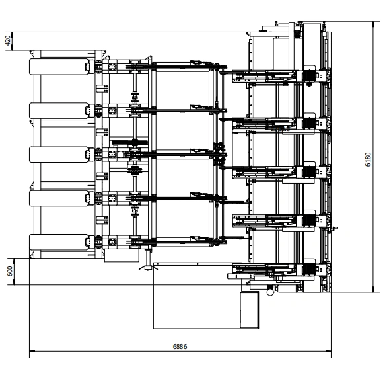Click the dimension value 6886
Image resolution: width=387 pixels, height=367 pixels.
point(180,346)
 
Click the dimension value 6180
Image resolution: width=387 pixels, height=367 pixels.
point(367,159)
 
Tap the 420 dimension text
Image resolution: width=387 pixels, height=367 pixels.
point(8,40)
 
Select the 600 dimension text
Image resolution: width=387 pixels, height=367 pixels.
point(10,271)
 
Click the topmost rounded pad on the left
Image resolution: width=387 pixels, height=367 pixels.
point(59,67)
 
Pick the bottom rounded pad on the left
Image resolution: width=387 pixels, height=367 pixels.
point(59,242)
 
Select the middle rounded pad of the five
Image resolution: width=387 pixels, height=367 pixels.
point(59,155)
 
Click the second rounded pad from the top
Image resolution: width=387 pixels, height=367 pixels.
point(59,110)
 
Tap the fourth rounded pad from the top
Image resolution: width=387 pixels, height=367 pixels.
point(59,198)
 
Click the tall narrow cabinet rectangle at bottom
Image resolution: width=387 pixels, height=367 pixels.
point(250,310)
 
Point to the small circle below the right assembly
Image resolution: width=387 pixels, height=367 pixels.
point(270,292)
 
